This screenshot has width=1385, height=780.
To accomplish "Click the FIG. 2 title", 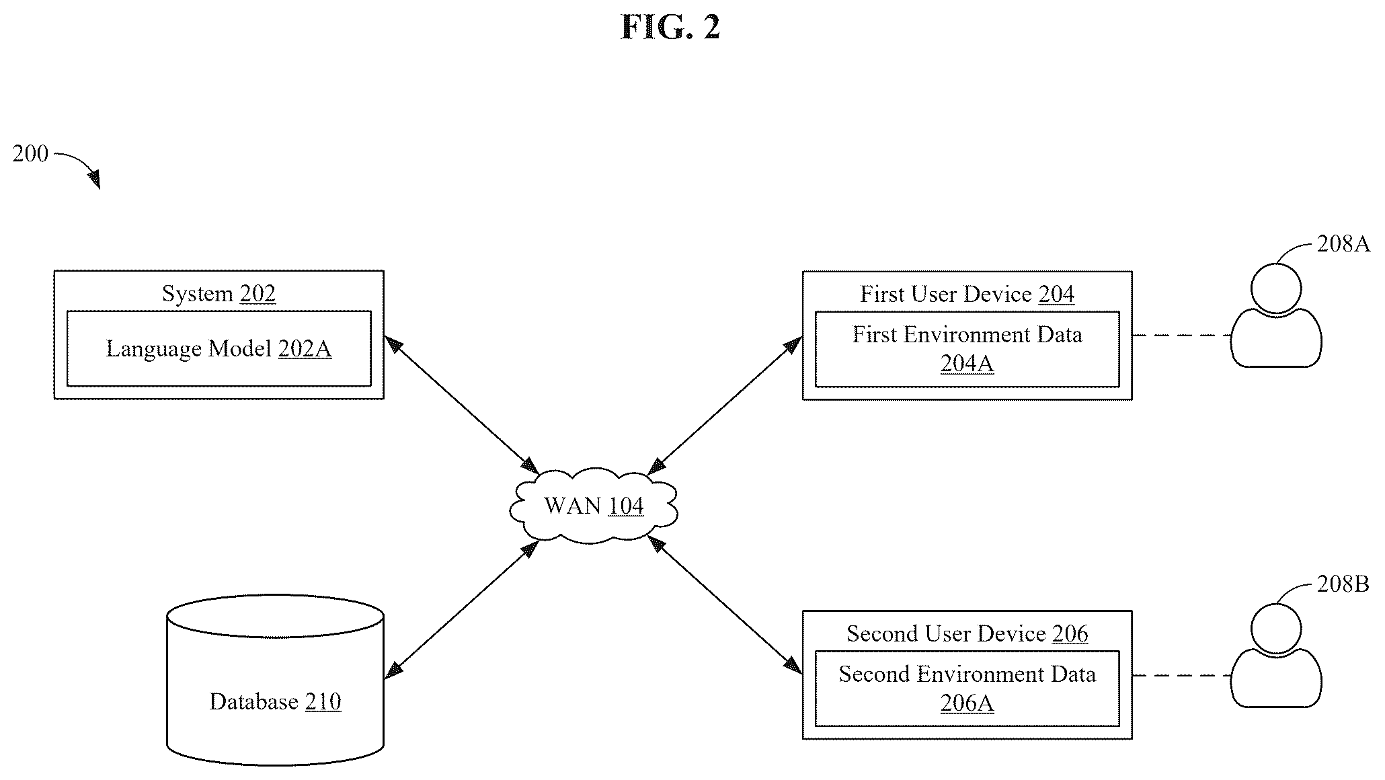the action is pyautogui.click(x=670, y=27).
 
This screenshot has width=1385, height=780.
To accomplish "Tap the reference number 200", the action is pyautogui.click(x=30, y=154).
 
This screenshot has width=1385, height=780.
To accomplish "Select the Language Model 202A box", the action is pyautogui.click(x=219, y=348).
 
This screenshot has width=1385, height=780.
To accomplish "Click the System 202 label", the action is pyautogui.click(x=219, y=294).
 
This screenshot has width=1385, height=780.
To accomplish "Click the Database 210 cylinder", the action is pyautogui.click(x=275, y=680).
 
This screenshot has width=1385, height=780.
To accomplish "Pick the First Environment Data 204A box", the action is pyautogui.click(x=967, y=349).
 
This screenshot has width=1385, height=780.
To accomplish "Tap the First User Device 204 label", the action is pyautogui.click(x=967, y=295).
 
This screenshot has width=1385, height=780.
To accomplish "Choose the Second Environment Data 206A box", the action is pyautogui.click(x=967, y=689).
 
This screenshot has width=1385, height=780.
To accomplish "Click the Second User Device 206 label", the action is pyautogui.click(x=967, y=634).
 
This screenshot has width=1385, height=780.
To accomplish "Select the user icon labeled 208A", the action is pyautogui.click(x=1276, y=315).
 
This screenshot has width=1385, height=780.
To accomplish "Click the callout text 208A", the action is pyautogui.click(x=1343, y=243).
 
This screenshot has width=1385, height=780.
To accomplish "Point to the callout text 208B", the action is pyautogui.click(x=1343, y=584).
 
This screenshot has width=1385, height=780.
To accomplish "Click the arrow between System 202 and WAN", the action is pyautogui.click(x=461, y=405).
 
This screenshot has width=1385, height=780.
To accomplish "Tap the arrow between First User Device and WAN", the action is pyautogui.click(x=724, y=405).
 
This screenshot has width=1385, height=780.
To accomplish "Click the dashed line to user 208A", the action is pyautogui.click(x=1182, y=336).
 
